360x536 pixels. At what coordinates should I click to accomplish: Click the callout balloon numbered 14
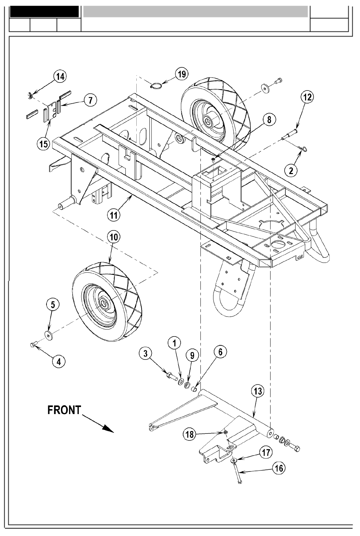(x=61, y=76)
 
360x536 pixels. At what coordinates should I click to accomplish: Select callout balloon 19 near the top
(x=181, y=74)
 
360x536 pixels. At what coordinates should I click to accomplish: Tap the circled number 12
(x=308, y=97)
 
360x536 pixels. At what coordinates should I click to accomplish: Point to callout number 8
(x=269, y=119)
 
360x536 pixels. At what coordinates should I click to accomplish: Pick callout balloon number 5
(x=53, y=305)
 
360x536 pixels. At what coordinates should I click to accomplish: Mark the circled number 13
(x=258, y=391)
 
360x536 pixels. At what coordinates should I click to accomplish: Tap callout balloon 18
(x=190, y=434)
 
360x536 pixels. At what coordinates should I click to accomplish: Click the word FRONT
(x=64, y=410)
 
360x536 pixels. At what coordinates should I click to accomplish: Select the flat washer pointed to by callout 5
(x=47, y=333)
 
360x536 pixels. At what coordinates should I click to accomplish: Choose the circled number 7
(x=90, y=100)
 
